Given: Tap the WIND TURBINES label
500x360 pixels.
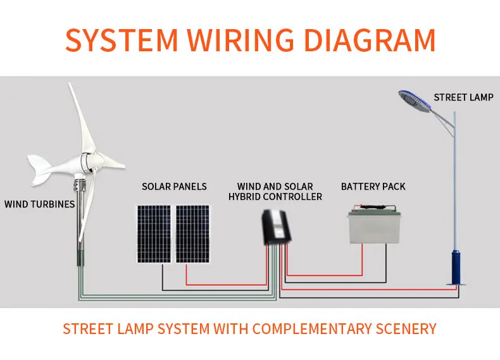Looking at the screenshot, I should coord(39,204).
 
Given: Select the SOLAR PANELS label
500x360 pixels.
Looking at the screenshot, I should coord(174,187).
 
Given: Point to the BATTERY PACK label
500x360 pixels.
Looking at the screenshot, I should coord(373,187).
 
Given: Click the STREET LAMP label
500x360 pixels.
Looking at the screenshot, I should coord(463,97).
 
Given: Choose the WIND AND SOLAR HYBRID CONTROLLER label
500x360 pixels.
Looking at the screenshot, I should coord(275,192).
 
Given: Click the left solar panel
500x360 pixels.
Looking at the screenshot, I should coord(153,233).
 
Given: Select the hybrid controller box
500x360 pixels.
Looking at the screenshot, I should coord(276,228).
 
